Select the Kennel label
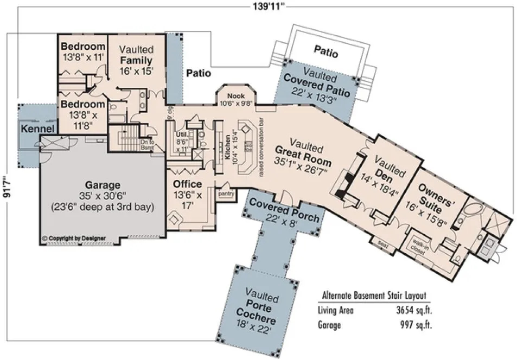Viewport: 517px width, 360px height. pyautogui.click(x=37, y=128)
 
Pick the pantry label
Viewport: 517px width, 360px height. pyautogui.click(x=225, y=192)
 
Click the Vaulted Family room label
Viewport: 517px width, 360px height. pyautogui.click(x=136, y=60)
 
